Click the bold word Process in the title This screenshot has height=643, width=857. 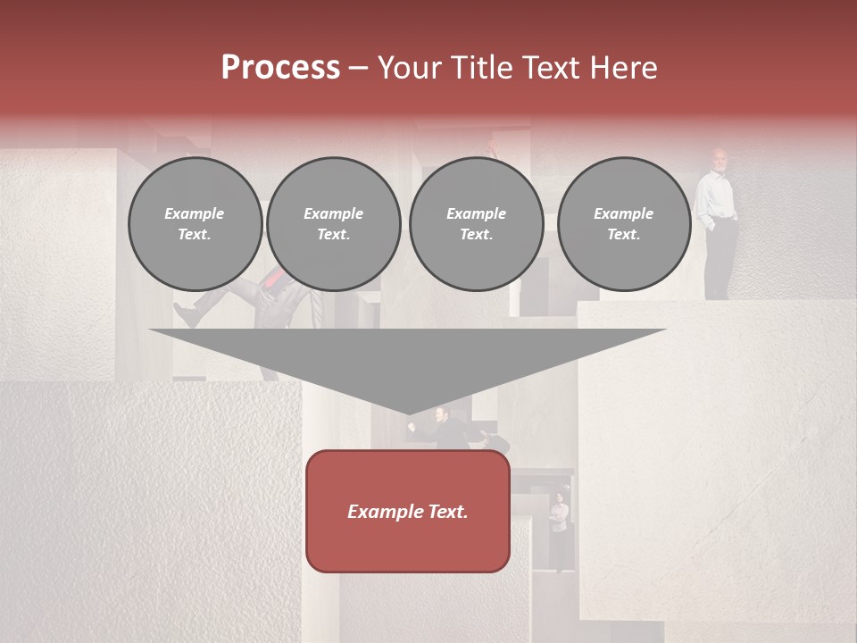pyautogui.click(x=280, y=68)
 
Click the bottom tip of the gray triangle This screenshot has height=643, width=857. pyautogui.click(x=409, y=413)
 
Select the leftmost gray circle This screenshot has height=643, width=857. pyautogui.click(x=195, y=224)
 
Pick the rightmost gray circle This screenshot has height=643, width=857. pyautogui.click(x=624, y=224)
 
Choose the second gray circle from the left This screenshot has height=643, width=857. pyautogui.click(x=333, y=224)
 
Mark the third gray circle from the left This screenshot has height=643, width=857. pyautogui.click(x=476, y=224)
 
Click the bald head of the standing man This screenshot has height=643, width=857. pyautogui.click(x=720, y=159)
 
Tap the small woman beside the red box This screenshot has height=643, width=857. pyautogui.click(x=559, y=518)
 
